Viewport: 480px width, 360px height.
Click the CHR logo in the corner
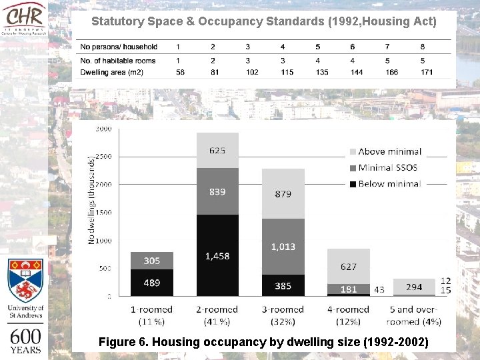(25, 20)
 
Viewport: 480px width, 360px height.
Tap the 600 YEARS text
(25, 340)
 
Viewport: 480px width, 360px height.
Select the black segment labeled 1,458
(217, 255)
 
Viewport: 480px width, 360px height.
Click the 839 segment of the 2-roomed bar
(217, 191)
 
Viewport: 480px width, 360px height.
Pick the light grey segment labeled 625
(217, 150)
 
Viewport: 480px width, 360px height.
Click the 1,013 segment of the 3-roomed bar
(283, 247)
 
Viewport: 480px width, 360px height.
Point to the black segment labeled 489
(152, 283)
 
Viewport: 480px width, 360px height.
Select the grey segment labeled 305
(152, 261)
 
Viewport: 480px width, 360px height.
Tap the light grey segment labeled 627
(348, 267)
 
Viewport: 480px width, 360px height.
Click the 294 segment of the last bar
(413, 287)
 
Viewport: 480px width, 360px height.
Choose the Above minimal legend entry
(389, 152)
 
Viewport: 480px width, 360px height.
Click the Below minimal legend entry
(389, 183)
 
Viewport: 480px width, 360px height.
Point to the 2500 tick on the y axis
(103, 156)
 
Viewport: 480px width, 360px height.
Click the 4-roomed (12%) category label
(348, 315)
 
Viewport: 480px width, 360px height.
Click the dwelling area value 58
(180, 71)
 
